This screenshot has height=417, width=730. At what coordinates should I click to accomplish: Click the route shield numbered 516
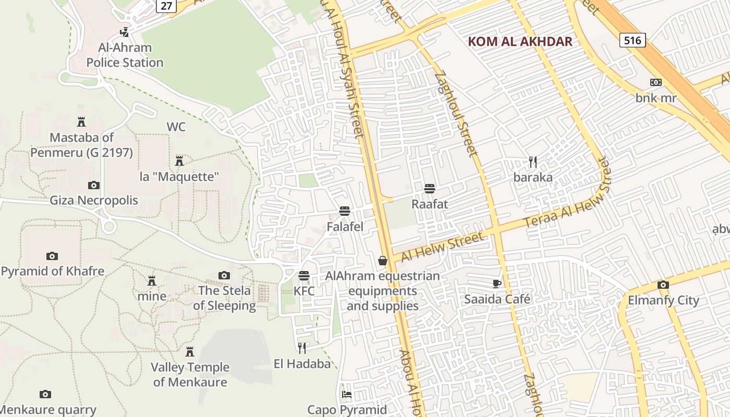coord(632,40)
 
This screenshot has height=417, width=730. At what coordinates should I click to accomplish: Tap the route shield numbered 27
coord(166,5)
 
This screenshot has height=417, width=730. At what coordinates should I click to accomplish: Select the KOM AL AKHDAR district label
coord(520,42)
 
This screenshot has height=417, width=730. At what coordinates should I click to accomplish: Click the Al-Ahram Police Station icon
coord(124,32)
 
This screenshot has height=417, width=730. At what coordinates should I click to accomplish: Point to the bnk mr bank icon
coord(655,82)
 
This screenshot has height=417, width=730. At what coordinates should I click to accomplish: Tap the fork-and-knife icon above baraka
coord(532,162)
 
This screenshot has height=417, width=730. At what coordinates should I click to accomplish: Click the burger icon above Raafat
coord(430,188)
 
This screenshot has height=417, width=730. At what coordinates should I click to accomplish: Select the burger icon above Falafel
coord(344,211)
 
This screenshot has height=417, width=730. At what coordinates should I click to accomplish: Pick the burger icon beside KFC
coord(304,275)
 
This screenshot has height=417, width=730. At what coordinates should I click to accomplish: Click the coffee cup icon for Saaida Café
coord(496,284)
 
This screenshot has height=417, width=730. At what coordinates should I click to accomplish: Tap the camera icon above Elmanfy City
coord(663,285)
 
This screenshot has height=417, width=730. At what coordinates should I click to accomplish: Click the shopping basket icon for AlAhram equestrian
coord(383,260)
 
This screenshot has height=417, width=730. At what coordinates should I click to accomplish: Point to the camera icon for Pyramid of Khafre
coord(52,256)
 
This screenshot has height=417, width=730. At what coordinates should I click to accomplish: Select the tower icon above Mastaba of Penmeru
coord(81,122)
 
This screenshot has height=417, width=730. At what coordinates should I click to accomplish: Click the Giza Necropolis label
coord(94,200)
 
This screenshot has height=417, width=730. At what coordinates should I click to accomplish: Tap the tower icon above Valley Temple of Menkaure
coord(190,352)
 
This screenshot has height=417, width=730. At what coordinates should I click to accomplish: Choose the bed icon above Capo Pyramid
coord(347,395)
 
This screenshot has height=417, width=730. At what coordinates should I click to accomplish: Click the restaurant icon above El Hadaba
coord(302,348)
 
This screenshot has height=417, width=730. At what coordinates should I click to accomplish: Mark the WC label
coord(176,127)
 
